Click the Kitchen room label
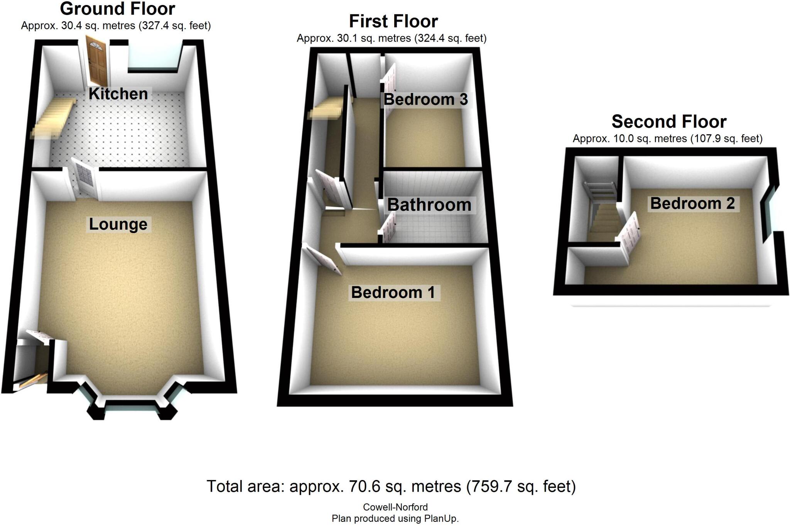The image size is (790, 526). click(118, 94)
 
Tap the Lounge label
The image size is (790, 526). click(118, 224)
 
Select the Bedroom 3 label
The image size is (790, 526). click(425, 100)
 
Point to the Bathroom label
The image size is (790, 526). click(429, 205)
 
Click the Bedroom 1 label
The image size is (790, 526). click(393, 293)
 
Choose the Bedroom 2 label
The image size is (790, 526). click(692, 203)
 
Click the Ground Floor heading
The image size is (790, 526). click(117, 8)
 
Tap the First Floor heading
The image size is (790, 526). click(393, 21)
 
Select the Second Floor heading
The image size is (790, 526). click(669, 122)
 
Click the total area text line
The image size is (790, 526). click(391, 487)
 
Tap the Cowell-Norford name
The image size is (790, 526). click(395, 507)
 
